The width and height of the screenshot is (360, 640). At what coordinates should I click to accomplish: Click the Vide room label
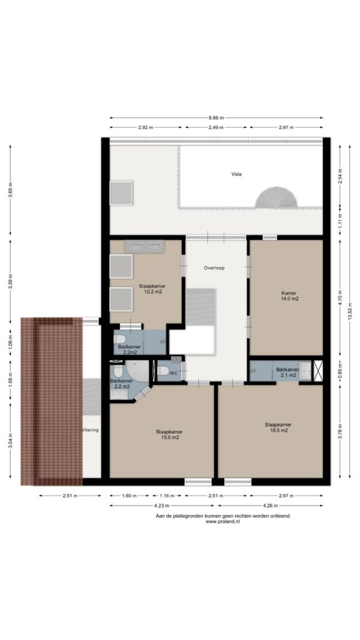click(237, 174)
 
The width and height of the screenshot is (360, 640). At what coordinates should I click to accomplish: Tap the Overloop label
click(215, 268)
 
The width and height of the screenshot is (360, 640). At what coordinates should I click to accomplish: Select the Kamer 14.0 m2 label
click(289, 296)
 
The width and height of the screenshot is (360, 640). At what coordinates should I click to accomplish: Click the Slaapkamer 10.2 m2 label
click(152, 289)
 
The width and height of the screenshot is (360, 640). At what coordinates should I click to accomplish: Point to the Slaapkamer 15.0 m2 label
click(169, 434)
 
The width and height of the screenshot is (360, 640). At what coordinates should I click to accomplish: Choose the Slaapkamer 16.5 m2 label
click(278, 427)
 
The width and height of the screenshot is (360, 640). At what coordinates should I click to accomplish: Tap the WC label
click(174, 373)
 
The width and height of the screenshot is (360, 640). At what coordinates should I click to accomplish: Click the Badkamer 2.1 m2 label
click(287, 372)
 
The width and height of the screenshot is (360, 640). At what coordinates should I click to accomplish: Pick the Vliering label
click(90, 430)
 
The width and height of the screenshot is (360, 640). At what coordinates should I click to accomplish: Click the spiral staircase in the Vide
click(276, 197)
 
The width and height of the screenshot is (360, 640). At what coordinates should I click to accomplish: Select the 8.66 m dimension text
click(216, 117)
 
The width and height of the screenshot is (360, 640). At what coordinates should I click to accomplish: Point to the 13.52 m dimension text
click(350, 314)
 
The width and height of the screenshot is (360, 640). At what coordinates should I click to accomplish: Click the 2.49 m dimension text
click(216, 127)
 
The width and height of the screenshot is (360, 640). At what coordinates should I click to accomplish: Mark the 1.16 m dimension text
click(166, 496)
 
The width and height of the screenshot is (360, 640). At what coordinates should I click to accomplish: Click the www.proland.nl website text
click(222, 522)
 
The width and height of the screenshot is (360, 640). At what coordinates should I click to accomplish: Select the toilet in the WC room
click(163, 371)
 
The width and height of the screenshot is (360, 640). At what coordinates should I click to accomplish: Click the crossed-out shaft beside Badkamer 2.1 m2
click(318, 371)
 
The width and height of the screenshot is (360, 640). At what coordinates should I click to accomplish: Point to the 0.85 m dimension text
click(341, 371)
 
